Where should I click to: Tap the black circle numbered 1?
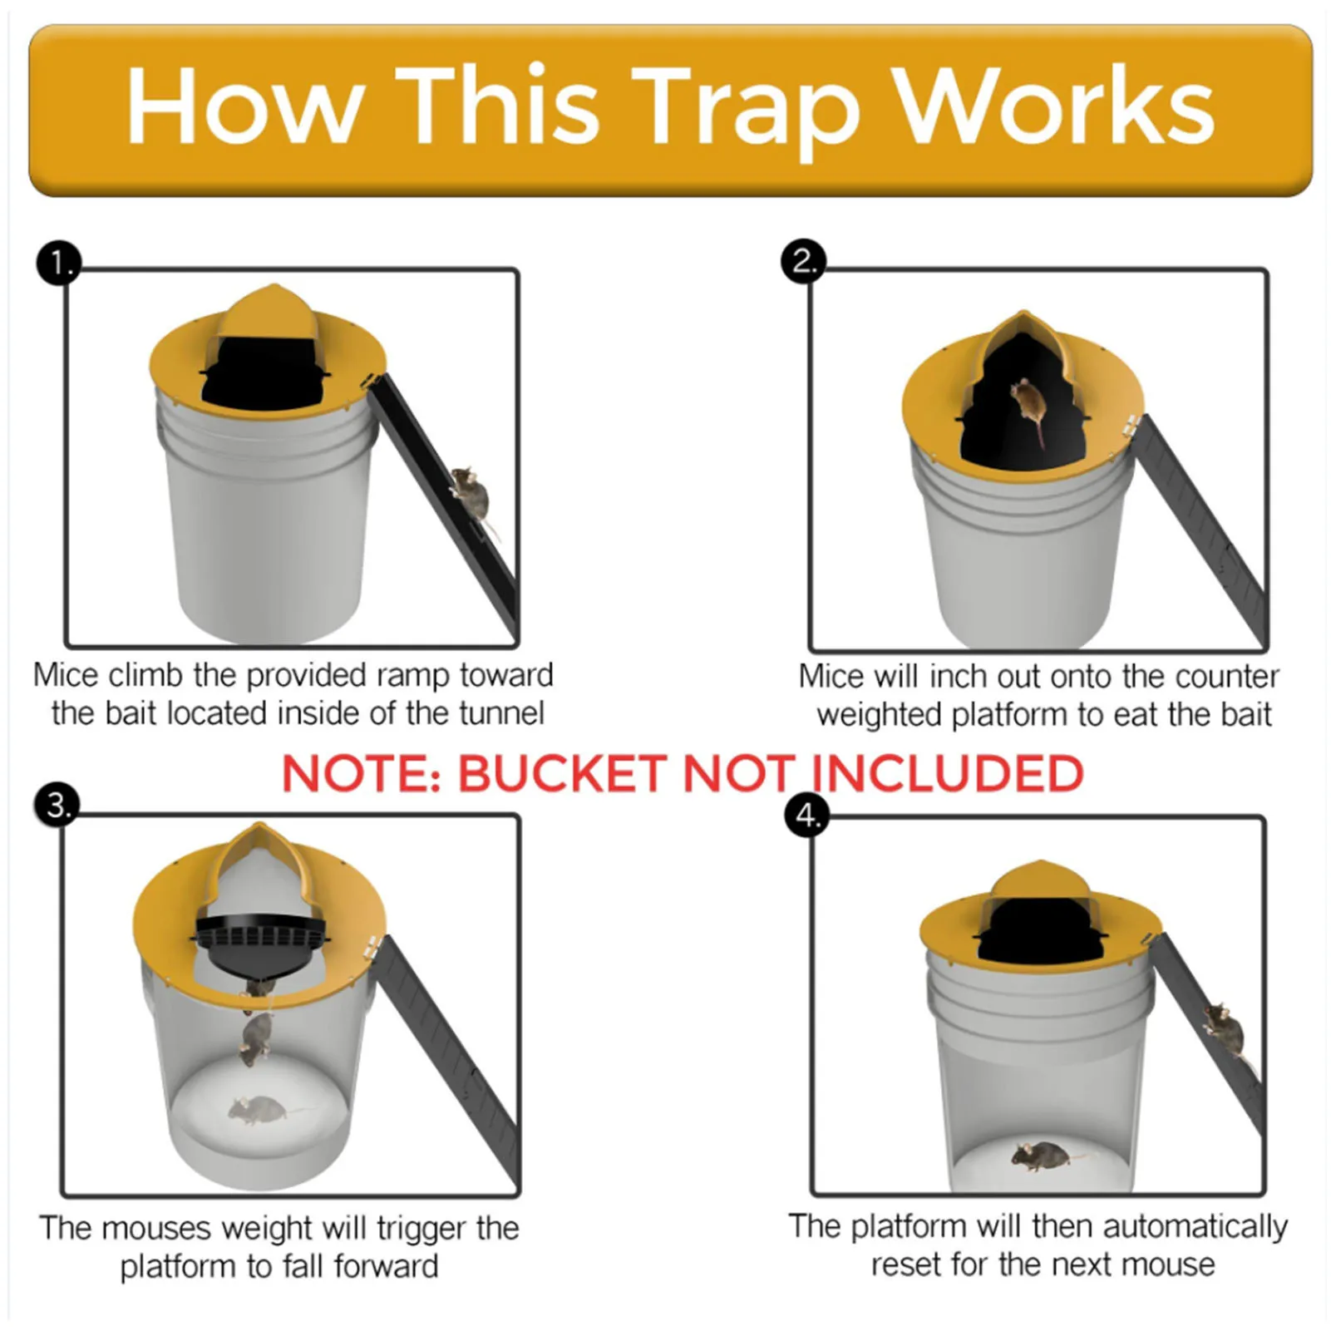59,264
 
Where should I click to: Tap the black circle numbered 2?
803,261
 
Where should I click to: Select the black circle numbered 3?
57,805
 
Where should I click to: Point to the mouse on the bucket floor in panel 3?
258,1109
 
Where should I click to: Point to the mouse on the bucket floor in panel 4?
1040,1155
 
